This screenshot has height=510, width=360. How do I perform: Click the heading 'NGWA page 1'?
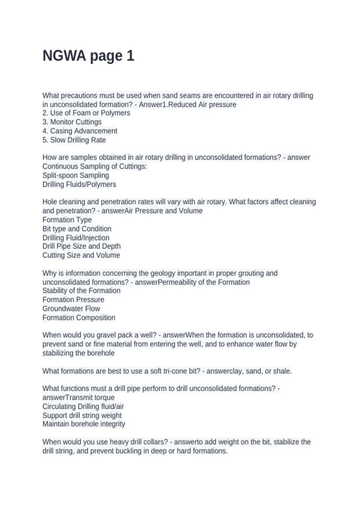click(x=88, y=56)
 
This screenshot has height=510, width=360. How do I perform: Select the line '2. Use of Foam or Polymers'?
click(x=86, y=113)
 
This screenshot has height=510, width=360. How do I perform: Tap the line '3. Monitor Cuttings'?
click(x=72, y=122)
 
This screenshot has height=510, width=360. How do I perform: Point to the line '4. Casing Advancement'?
click(x=80, y=131)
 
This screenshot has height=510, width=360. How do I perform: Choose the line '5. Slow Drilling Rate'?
click(x=74, y=140)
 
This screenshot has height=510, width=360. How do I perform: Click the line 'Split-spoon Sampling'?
click(x=76, y=175)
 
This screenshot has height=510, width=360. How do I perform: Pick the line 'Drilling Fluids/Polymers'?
click(x=79, y=184)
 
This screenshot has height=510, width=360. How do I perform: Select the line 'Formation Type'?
click(x=67, y=220)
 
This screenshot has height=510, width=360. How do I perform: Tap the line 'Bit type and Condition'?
click(x=77, y=229)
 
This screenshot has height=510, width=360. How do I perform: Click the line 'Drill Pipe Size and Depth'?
click(x=82, y=246)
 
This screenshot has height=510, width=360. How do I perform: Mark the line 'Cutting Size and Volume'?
click(x=81, y=255)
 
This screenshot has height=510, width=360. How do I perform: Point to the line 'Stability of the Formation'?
click(x=81, y=291)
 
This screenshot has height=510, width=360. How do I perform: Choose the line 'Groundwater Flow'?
click(x=71, y=309)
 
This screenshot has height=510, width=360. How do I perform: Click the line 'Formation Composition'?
click(x=79, y=318)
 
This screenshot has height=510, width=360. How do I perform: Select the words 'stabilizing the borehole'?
click(x=78, y=353)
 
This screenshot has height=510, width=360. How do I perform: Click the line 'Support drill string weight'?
click(x=82, y=415)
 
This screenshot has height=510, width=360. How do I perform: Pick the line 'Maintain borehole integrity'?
click(x=84, y=424)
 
